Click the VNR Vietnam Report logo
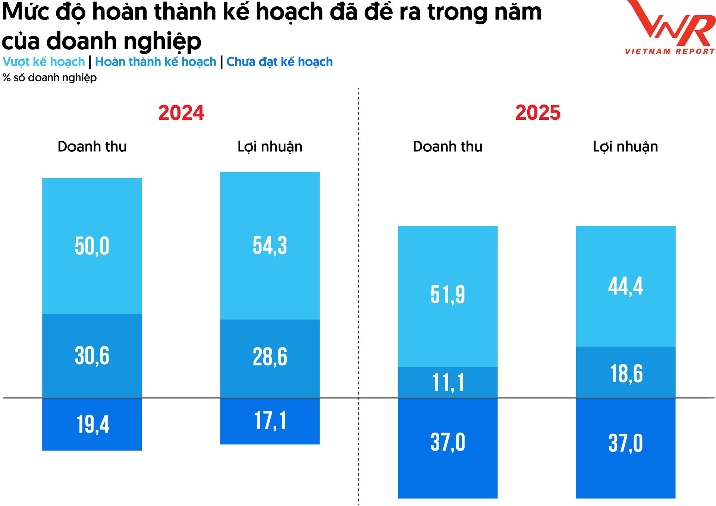670,28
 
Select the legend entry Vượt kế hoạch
44,62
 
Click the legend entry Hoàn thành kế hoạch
156,62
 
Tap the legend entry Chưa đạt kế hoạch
279,62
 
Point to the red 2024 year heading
181,113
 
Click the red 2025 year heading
538,113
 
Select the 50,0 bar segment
92,246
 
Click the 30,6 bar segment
92,356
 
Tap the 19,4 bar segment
92,424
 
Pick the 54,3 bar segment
270,245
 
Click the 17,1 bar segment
270,421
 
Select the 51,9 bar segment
447,295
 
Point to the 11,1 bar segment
447,383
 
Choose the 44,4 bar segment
625,286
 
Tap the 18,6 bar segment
625,374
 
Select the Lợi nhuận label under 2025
625,147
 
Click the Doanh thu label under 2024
92,147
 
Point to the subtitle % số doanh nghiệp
50,78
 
